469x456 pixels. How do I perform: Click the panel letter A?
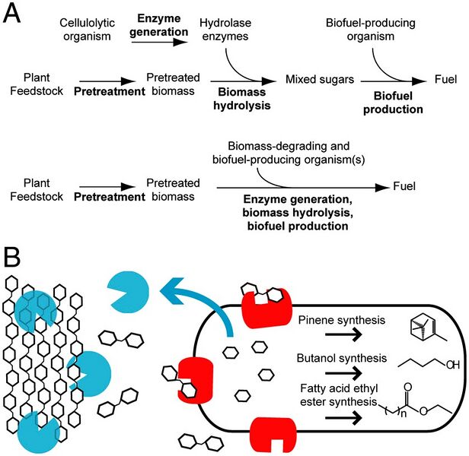pos(14,14)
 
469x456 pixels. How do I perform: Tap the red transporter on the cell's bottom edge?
pos(274,433)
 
